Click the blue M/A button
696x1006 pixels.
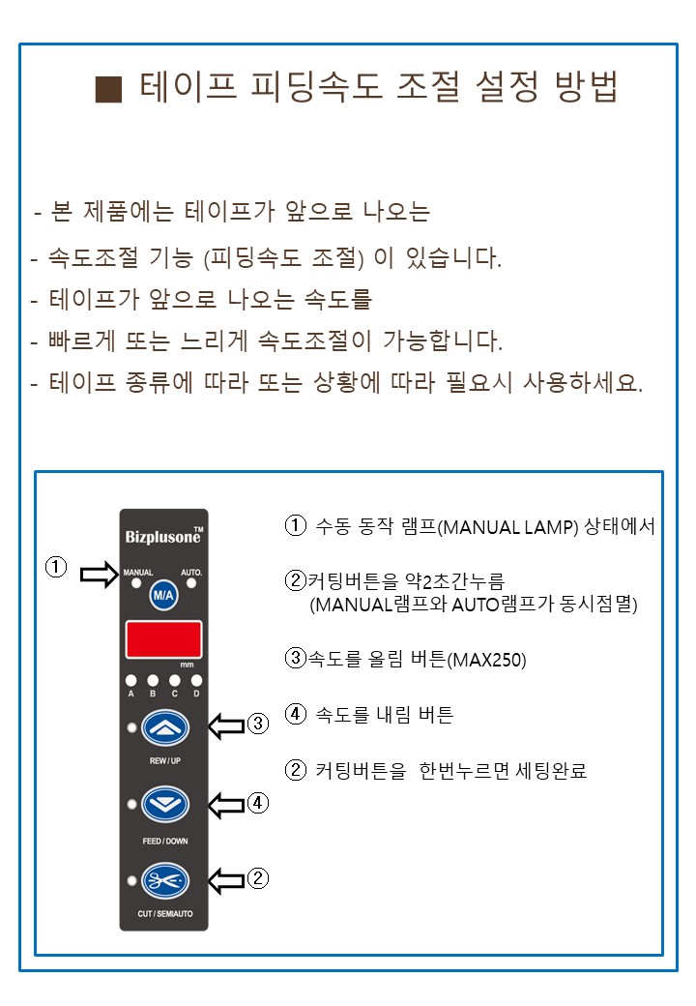163,596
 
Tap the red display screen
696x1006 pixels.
164,639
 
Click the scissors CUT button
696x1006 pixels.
165,881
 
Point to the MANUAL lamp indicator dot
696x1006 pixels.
136,584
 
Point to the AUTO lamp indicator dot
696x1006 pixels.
191,584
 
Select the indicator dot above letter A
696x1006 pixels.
131,680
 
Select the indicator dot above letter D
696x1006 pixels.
197,680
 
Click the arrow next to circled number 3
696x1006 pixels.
227,725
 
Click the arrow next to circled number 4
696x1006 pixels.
227,805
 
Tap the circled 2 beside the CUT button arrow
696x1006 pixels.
258,877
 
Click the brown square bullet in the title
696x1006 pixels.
108,89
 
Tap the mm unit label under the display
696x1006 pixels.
188,665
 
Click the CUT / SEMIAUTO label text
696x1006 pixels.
164,913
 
